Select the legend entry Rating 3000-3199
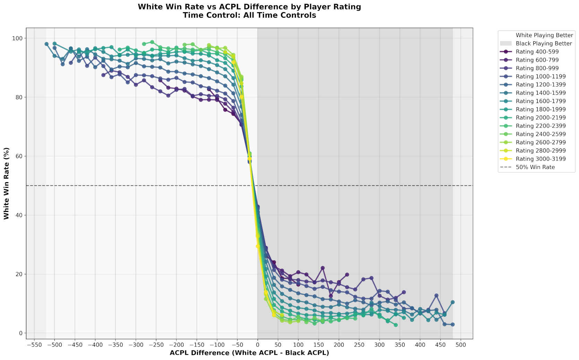coord(541,159)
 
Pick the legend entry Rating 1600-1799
coord(541,101)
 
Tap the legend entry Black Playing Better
coord(544,43)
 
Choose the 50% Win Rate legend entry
coord(535,167)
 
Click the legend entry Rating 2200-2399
coord(541,126)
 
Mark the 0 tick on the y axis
coord(20,333)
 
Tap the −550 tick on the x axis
coord(34,345)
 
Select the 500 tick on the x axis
coord(461,345)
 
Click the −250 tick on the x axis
coord(156,345)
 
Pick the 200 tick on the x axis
coord(339,345)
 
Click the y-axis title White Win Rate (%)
coord(6,183)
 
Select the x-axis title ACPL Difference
coord(249,353)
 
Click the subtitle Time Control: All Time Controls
coord(249,15)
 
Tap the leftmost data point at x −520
coord(46,44)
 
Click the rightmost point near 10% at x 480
coord(452,302)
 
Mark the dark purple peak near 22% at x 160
coord(322,268)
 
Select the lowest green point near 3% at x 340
coord(396,325)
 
